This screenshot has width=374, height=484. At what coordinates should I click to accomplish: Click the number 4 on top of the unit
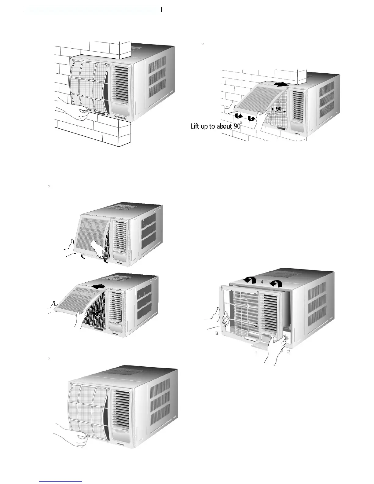(x=262, y=281)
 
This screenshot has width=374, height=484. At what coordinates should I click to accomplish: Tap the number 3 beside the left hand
(x=217, y=333)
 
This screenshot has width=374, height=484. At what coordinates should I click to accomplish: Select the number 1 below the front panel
(x=256, y=352)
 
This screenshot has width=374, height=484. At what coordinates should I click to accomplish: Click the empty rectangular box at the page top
(x=93, y=9)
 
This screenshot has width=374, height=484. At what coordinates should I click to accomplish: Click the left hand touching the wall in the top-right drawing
(x=230, y=108)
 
